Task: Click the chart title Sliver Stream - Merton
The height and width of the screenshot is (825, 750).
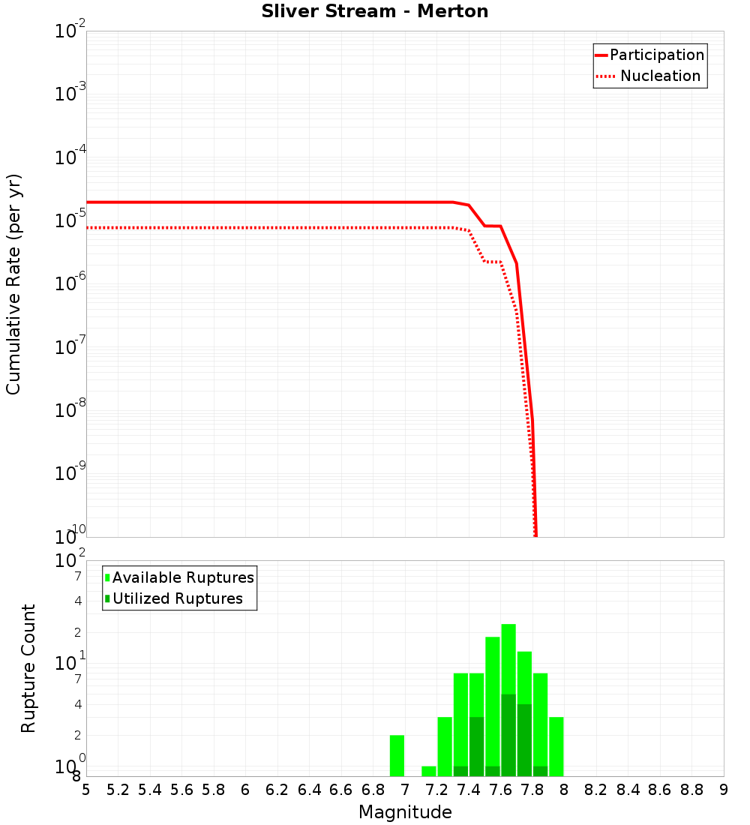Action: click(375, 12)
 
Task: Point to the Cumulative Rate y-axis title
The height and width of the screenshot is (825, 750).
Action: click(13, 283)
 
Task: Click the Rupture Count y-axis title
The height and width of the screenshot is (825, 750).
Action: click(28, 668)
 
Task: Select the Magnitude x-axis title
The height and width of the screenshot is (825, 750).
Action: click(405, 812)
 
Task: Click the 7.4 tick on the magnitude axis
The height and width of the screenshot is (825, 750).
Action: click(469, 790)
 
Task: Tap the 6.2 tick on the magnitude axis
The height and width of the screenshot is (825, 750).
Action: click(277, 790)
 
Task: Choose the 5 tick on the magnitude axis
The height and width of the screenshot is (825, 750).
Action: click(86, 790)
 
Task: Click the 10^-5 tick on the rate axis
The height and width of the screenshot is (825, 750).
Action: click(68, 220)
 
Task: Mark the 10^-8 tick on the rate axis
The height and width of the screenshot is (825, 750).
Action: click(68, 410)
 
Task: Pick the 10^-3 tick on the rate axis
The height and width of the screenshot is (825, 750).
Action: click(68, 94)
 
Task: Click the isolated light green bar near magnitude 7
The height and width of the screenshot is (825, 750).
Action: click(397, 755)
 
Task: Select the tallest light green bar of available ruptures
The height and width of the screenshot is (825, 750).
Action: click(508, 660)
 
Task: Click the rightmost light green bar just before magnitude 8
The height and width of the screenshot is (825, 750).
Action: click(556, 746)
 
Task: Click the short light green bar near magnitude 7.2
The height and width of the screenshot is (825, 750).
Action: click(429, 771)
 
